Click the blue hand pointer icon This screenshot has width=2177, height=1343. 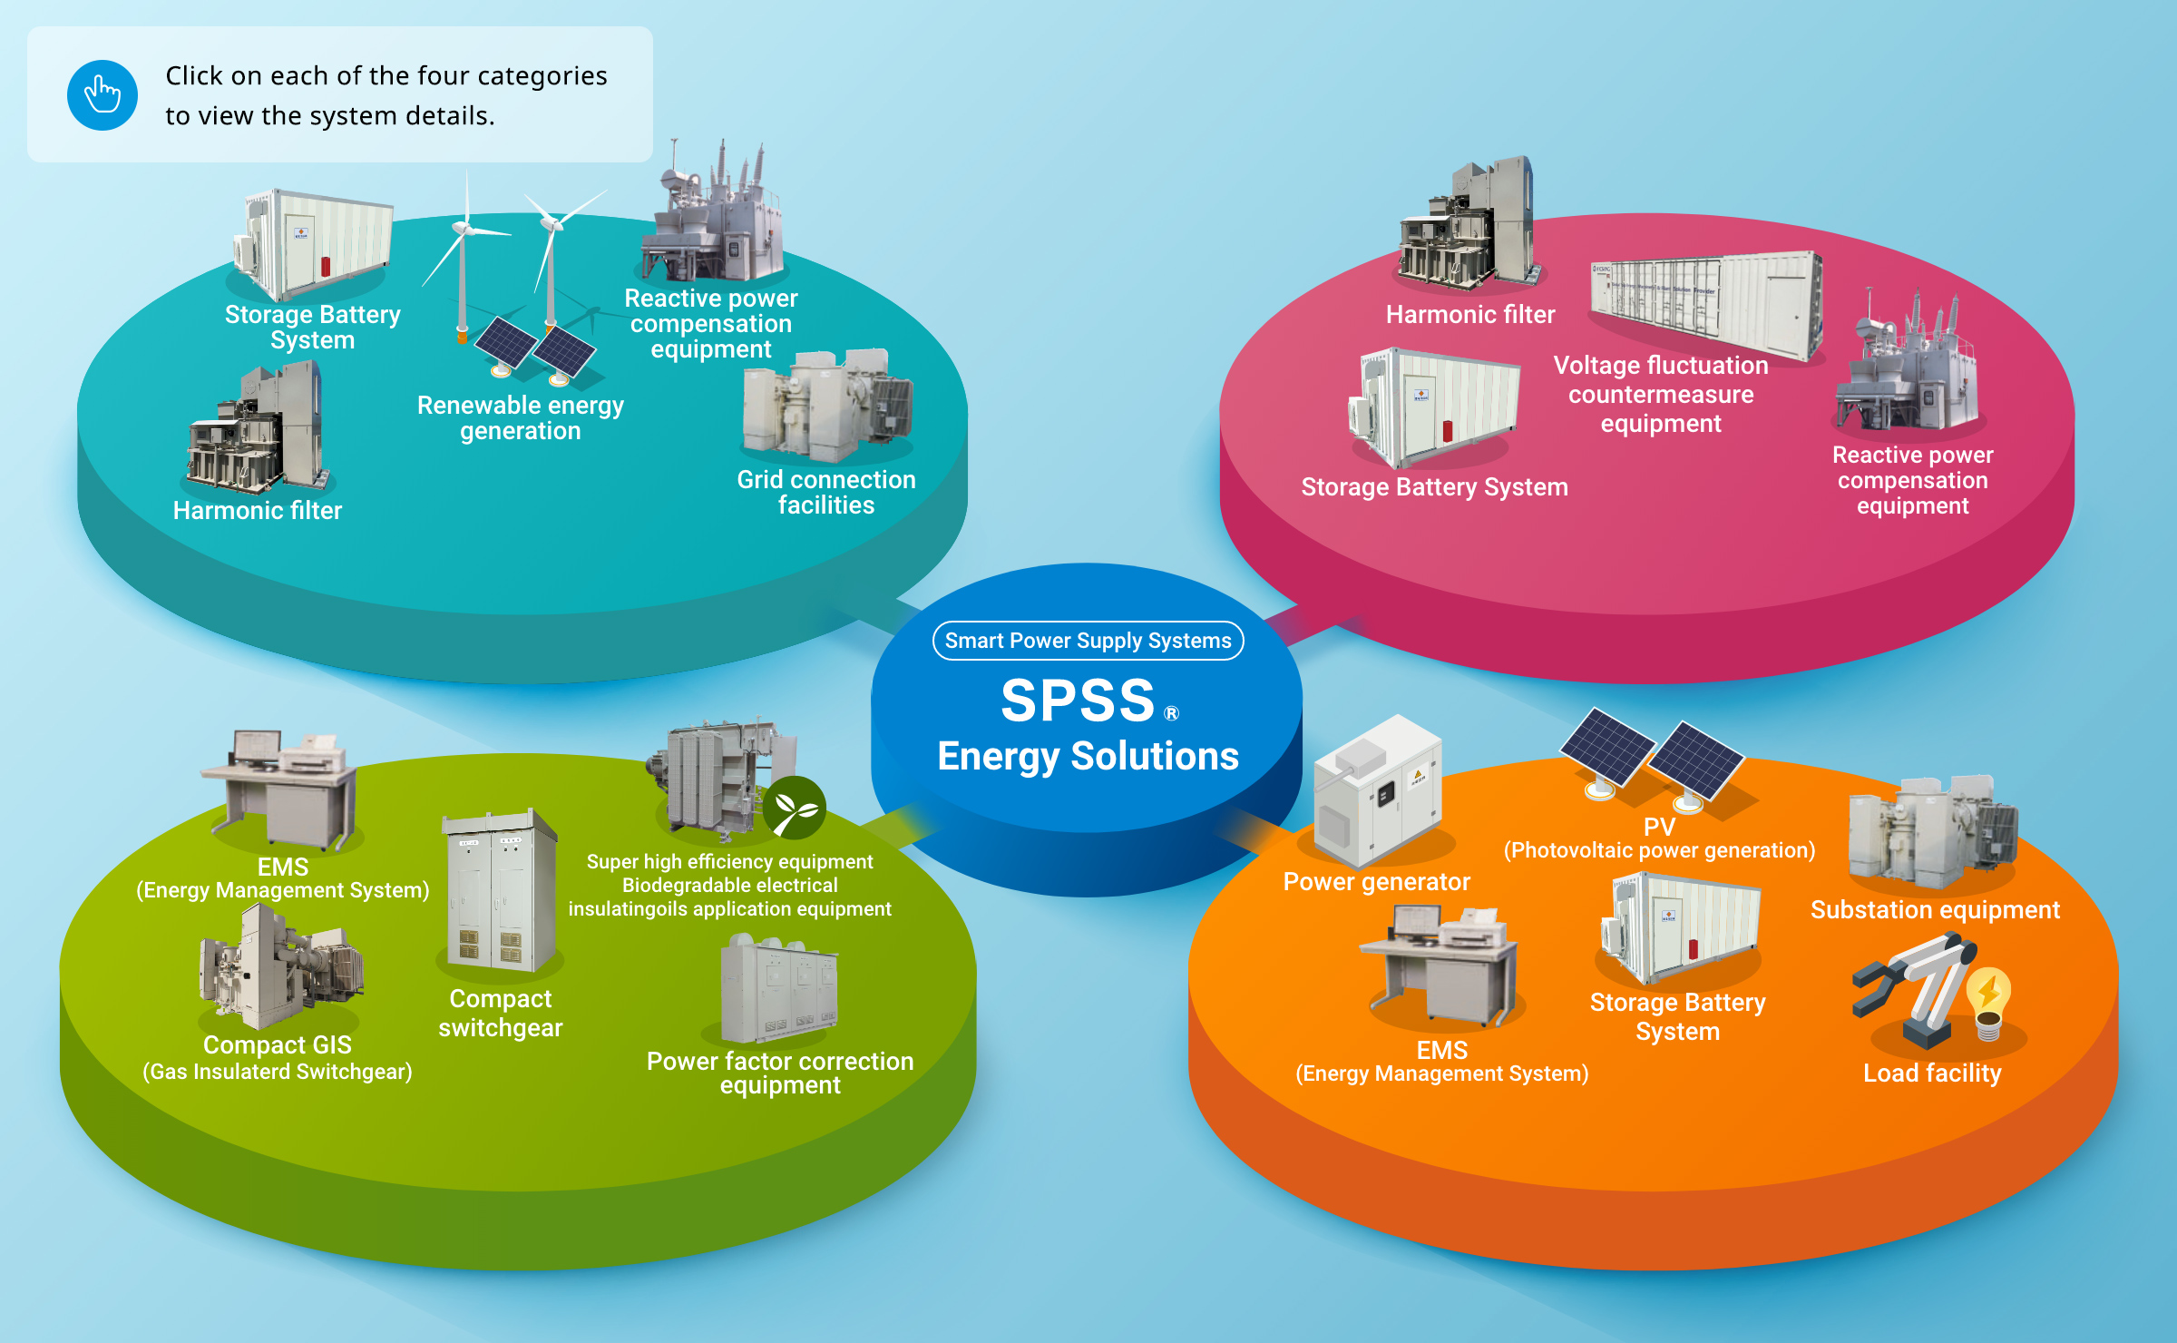point(103,95)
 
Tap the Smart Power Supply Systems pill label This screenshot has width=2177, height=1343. point(1088,641)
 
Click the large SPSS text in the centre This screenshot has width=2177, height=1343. point(1078,701)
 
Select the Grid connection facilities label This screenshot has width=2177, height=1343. point(825,493)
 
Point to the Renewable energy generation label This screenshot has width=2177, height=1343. point(520,418)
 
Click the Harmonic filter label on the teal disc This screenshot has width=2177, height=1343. point(258,511)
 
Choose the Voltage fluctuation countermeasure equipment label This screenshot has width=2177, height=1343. point(1660,395)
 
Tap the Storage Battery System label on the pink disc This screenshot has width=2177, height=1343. point(1434,487)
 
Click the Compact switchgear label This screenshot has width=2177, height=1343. point(500,1013)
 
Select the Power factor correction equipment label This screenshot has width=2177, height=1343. point(779,1073)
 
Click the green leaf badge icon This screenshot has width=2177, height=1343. point(794,808)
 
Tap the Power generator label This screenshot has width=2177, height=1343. point(1376,882)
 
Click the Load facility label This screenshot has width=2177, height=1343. point(1931,1073)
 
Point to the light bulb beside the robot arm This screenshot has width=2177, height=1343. point(1989,1001)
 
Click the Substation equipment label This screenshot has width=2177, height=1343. point(1935,910)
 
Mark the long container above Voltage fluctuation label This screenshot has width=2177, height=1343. point(1705,304)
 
